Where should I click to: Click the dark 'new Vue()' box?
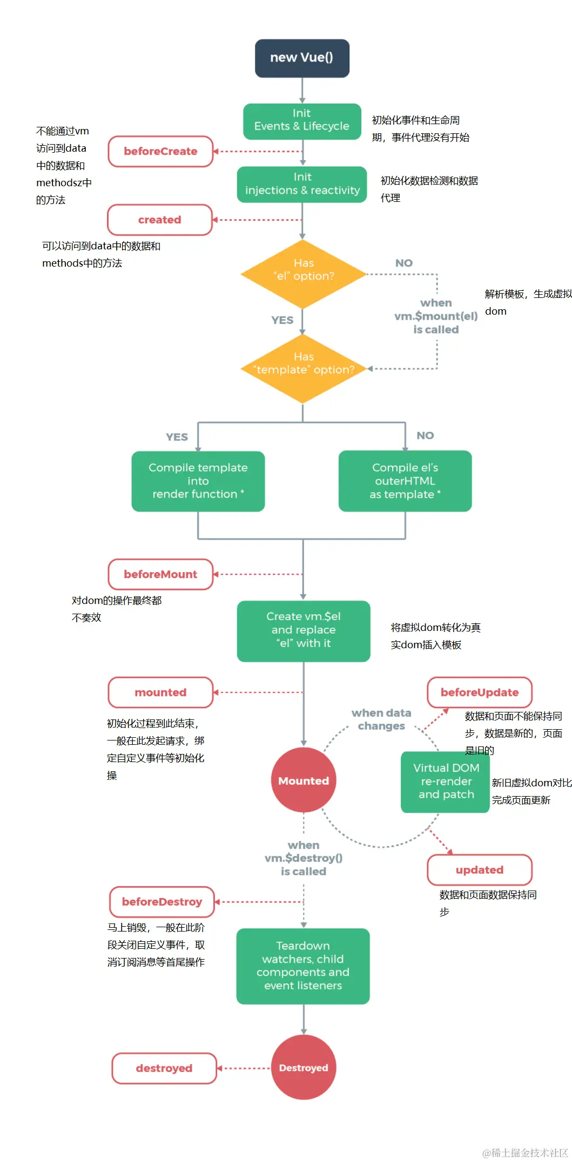point(302,58)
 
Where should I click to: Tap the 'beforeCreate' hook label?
point(160,151)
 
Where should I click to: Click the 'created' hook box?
point(160,220)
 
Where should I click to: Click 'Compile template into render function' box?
point(198,481)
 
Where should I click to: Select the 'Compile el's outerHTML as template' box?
point(405,481)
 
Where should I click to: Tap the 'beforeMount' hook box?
point(160,574)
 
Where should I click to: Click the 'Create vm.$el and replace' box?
point(303,630)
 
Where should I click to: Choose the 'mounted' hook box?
point(160,692)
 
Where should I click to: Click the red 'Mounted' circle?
point(303,780)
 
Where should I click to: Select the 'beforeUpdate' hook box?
point(479,692)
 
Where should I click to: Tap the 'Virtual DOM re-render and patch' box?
point(446,782)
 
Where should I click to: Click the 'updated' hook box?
point(479,869)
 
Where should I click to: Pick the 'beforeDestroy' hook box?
point(161,901)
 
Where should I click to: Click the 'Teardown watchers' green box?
point(302,966)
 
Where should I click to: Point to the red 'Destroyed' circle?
point(303,1068)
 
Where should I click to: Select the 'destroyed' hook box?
point(164,1068)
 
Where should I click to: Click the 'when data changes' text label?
point(381,719)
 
